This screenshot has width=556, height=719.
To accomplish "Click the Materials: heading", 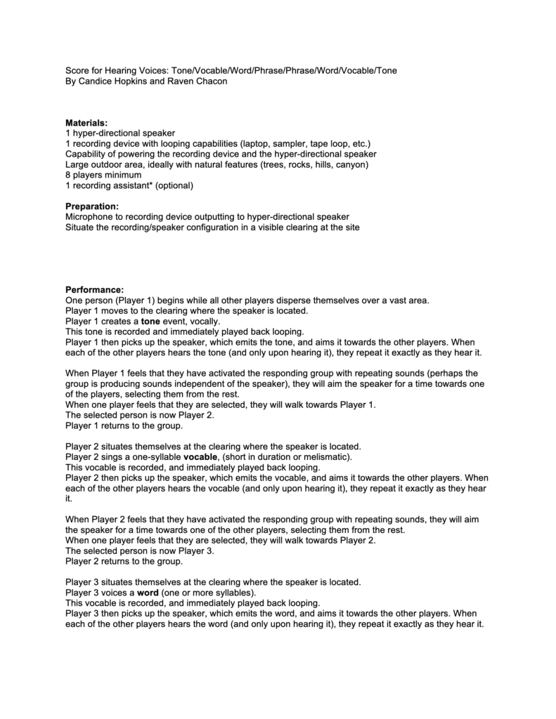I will tap(86, 123).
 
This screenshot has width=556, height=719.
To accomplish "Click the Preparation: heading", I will tap(92, 206).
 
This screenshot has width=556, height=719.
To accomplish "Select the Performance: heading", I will tap(94, 289).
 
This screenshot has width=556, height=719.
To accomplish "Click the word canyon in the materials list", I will tap(348, 164).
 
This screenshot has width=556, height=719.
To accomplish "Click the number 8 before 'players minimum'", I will tap(68, 175).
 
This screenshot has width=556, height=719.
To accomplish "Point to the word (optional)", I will tap(174, 185).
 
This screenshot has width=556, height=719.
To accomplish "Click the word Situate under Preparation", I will tap(80, 227).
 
